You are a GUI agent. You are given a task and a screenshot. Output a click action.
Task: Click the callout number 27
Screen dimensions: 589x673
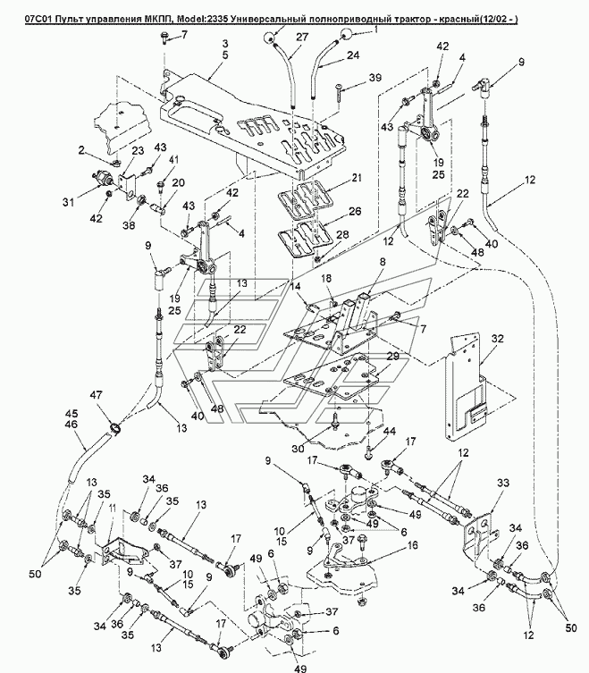tap(302, 37)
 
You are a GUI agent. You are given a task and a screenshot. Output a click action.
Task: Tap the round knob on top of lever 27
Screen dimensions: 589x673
tap(269, 38)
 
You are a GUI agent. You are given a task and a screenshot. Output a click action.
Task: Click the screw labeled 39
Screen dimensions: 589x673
tap(338, 90)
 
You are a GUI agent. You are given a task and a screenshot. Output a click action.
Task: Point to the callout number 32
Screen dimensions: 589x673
tap(497, 339)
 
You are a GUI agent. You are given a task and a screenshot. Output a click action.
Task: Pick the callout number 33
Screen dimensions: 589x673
tap(502, 483)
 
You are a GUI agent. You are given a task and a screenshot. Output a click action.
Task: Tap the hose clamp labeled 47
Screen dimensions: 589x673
tap(115, 427)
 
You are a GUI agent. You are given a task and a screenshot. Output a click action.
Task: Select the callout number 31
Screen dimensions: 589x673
tap(68, 202)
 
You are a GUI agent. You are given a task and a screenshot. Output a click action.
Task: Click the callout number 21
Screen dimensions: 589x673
tap(356, 177)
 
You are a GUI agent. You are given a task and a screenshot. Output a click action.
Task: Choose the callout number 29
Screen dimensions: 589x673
tap(392, 357)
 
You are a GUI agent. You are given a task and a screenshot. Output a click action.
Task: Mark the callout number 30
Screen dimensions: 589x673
tap(298, 449)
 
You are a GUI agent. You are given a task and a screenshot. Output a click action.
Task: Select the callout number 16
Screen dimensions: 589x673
tap(413, 545)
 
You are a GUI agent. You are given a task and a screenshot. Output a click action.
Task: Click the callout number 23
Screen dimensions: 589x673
tap(137, 151)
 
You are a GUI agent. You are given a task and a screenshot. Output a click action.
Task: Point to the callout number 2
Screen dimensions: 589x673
tap(82, 150)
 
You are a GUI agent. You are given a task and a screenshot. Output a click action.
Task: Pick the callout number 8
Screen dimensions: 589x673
tap(382, 261)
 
